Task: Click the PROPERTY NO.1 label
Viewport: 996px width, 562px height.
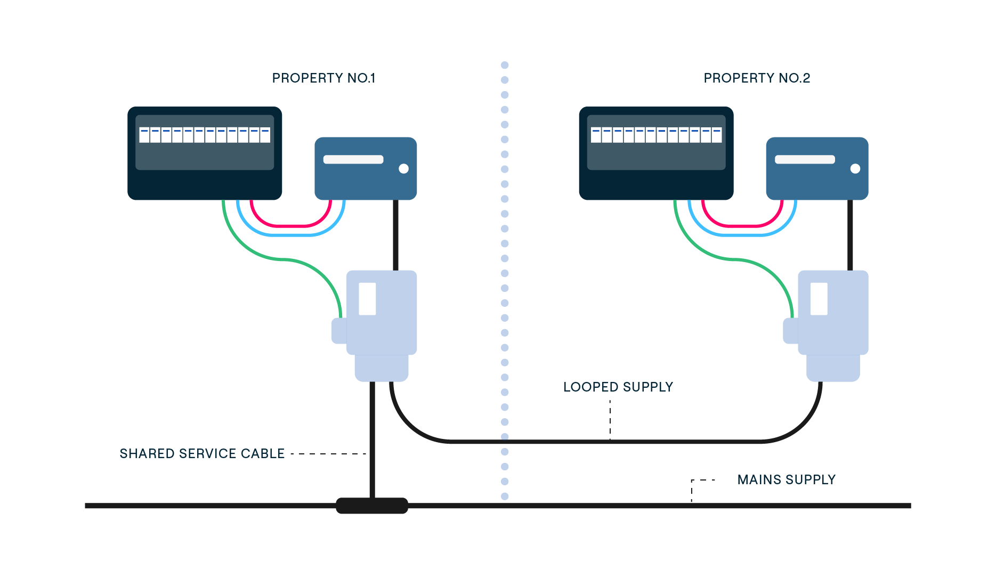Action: pos(323,78)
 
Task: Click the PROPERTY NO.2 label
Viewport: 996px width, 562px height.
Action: pos(756,78)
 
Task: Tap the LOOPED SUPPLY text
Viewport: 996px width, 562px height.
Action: pos(618,387)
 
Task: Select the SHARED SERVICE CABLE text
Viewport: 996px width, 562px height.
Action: pos(202,454)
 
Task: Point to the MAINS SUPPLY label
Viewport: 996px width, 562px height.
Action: pos(786,480)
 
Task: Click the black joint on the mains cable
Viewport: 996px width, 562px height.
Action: pos(372,506)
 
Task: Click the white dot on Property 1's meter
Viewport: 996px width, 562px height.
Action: pos(403,169)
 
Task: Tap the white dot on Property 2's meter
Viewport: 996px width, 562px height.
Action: pos(855,169)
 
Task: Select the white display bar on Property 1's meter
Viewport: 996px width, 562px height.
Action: pos(353,159)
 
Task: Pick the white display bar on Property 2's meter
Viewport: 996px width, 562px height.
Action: pos(805,159)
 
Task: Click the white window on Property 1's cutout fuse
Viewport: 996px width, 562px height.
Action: pos(367,299)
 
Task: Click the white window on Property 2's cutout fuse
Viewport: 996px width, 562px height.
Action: pos(819,299)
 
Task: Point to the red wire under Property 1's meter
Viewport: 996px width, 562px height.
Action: pos(290,226)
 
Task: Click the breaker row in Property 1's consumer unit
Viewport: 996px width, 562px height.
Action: pos(205,135)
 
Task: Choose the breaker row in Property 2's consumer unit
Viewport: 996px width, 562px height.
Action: pos(656,135)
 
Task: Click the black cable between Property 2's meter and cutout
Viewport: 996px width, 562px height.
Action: pos(850,234)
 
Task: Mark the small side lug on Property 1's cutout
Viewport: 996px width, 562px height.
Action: pos(339,331)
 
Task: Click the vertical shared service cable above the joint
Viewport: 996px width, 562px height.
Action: pos(372,437)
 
